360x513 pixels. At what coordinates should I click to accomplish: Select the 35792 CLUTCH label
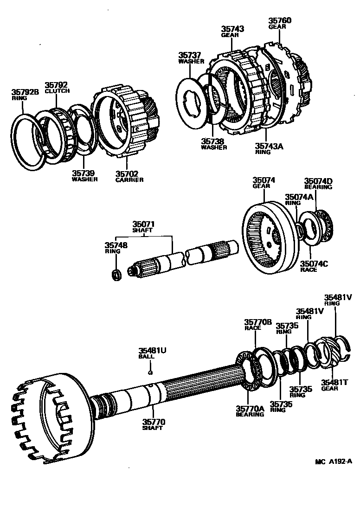click(x=57, y=88)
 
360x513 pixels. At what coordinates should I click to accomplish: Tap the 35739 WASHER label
click(x=84, y=176)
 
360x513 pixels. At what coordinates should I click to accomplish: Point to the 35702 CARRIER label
click(x=129, y=176)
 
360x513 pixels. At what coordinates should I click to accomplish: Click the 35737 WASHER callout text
click(x=191, y=58)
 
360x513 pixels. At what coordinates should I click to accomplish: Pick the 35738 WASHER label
click(x=213, y=144)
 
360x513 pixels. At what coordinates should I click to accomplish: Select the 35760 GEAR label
click(x=280, y=23)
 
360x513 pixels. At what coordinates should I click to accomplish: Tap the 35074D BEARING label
click(x=318, y=183)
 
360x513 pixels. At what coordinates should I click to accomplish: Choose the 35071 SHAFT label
click(x=144, y=227)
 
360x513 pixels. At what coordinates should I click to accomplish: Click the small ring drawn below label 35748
click(x=117, y=274)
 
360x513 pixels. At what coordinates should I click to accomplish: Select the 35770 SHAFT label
click(x=154, y=424)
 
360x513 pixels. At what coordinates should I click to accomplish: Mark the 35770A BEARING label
click(x=250, y=410)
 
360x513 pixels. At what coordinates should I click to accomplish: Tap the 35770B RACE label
click(x=255, y=324)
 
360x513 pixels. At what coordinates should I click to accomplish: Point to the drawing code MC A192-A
click(x=333, y=462)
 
